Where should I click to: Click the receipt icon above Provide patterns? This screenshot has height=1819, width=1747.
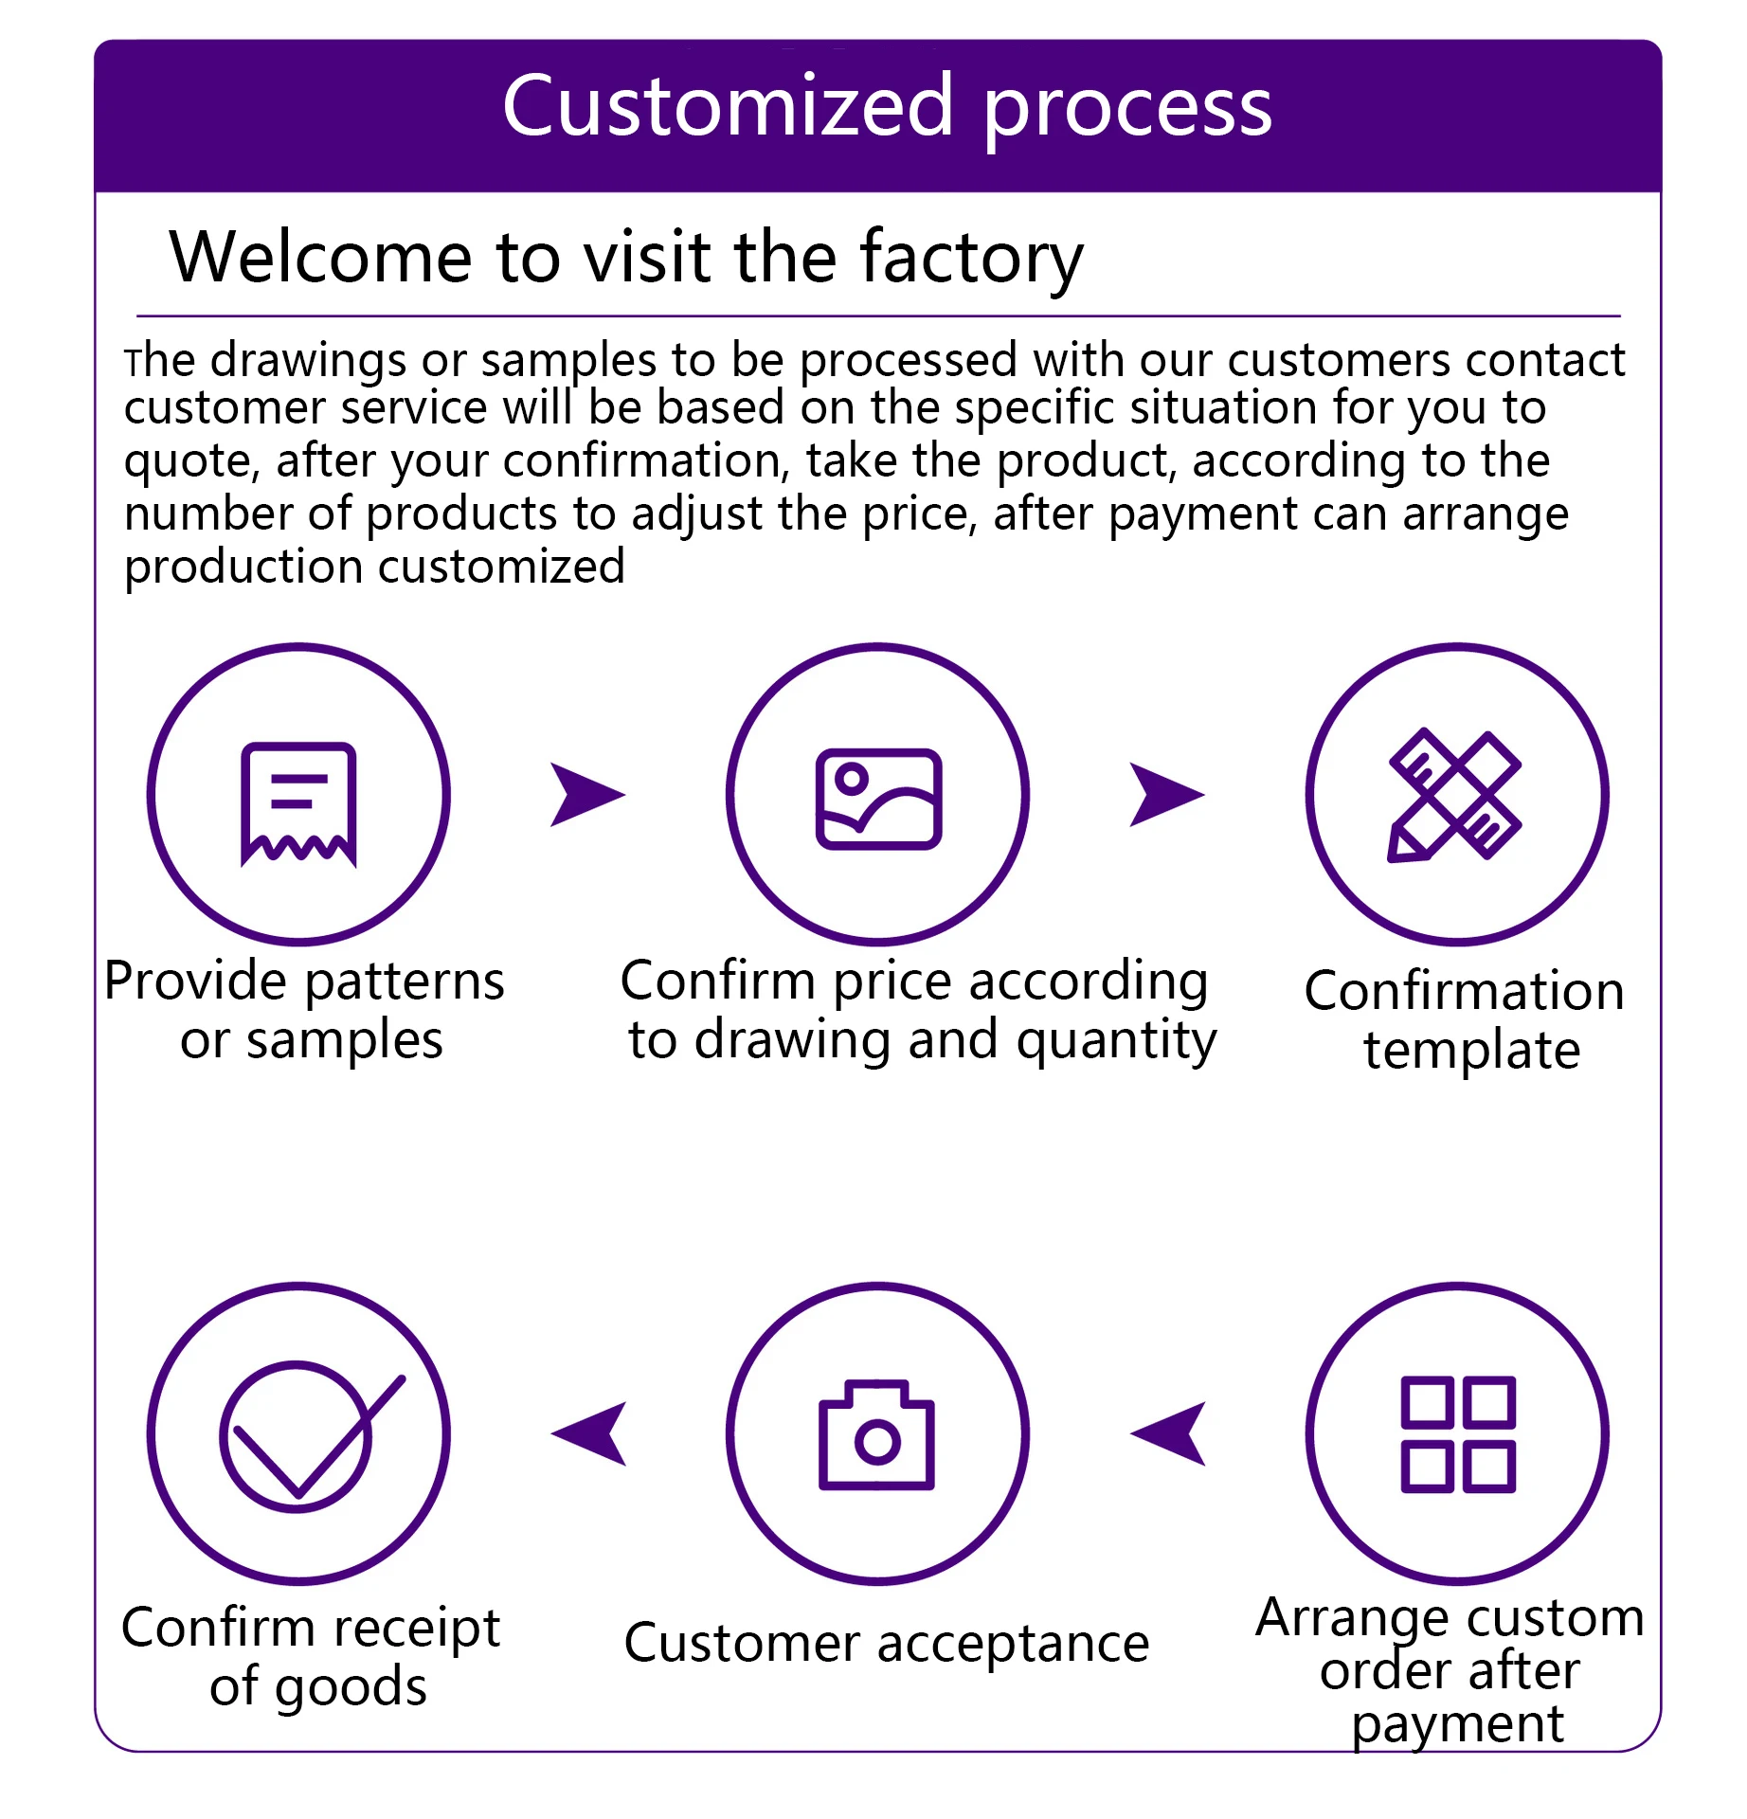pyautogui.click(x=298, y=803)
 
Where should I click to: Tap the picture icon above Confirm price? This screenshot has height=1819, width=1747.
pyautogui.click(x=878, y=799)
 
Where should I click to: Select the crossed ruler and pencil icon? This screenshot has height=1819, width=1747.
pyautogui.click(x=1455, y=795)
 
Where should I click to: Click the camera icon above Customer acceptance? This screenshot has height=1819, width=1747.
pyautogui.click(x=876, y=1434)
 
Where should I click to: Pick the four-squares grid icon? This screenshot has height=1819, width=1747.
pyautogui.click(x=1458, y=1433)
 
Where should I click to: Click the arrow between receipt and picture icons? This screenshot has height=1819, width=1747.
pyautogui.click(x=586, y=794)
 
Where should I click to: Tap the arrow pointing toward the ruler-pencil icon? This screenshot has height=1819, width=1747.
pyautogui.click(x=1166, y=794)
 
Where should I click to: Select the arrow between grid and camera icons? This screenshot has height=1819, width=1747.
pyautogui.click(x=1168, y=1433)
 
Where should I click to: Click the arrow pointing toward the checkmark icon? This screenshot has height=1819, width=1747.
pyautogui.click(x=588, y=1433)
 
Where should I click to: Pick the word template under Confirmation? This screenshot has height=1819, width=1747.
pyautogui.click(x=1472, y=1051)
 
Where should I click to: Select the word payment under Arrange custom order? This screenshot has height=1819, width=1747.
pyautogui.click(x=1458, y=1726)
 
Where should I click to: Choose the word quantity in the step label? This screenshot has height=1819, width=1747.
pyautogui.click(x=1116, y=1041)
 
